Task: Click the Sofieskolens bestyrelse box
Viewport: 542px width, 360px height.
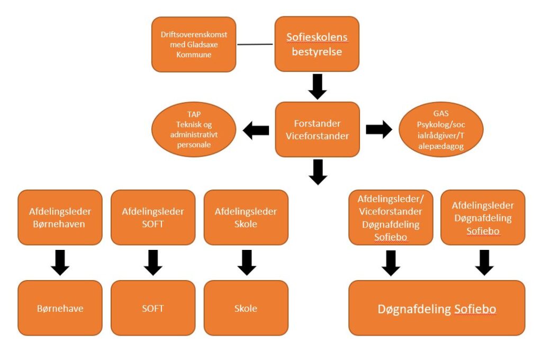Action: pyautogui.click(x=317, y=44)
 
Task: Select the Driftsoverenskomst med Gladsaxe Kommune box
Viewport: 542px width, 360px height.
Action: pyautogui.click(x=194, y=44)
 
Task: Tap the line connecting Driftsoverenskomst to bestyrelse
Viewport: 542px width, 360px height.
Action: pyautogui.click(x=255, y=44)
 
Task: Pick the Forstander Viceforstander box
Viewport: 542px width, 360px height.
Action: pyautogui.click(x=317, y=129)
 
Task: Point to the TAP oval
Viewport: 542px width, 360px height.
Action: pyautogui.click(x=194, y=130)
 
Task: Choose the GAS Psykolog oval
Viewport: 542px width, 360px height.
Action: pyautogui.click(x=440, y=130)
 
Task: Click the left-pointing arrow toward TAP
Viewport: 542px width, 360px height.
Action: pyautogui.click(x=256, y=130)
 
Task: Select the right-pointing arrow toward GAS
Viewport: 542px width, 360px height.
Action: pyautogui.click(x=378, y=130)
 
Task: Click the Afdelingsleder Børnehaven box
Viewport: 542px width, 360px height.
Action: pyautogui.click(x=60, y=218)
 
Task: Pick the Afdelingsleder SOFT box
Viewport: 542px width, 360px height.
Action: pyautogui.click(x=153, y=218)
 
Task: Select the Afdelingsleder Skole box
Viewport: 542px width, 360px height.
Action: pyautogui.click(x=246, y=218)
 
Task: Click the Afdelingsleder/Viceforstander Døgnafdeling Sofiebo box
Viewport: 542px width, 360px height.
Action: pyautogui.click(x=391, y=218)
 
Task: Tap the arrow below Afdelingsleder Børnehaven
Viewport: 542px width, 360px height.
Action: pyautogui.click(x=60, y=263)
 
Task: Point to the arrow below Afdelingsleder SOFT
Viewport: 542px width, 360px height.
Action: pyautogui.click(x=153, y=263)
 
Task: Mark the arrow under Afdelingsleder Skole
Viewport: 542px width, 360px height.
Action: pyautogui.click(x=247, y=263)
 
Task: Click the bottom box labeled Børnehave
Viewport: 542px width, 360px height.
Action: pyautogui.click(x=60, y=308)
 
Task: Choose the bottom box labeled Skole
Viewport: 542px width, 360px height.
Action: pyautogui.click(x=246, y=308)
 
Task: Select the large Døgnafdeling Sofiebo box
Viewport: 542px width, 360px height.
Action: pyautogui.click(x=437, y=308)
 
